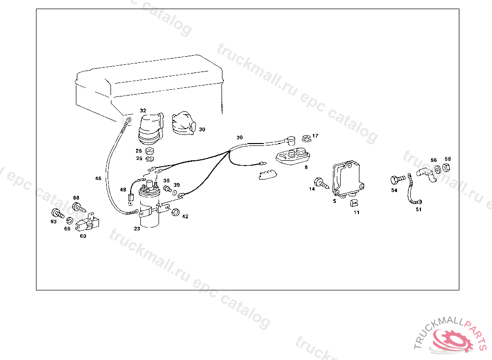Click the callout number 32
click(x=143, y=110)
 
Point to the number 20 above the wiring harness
click(x=239, y=137)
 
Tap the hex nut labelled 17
click(x=305, y=138)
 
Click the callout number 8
click(x=306, y=168)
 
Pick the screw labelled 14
click(x=320, y=182)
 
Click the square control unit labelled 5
click(x=349, y=179)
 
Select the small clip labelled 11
click(x=354, y=202)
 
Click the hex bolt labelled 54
click(x=395, y=180)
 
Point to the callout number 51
click(x=418, y=209)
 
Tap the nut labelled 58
click(x=445, y=168)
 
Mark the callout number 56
click(x=433, y=160)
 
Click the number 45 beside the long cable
click(x=98, y=179)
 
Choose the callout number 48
click(x=123, y=190)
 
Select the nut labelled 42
click(x=175, y=212)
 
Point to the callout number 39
click(x=176, y=185)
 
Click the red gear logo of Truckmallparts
click(x=452, y=338)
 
